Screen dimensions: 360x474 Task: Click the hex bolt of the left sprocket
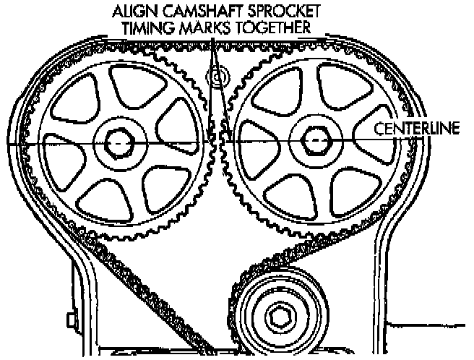point(116,142)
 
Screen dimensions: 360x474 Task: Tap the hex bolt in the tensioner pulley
point(279,315)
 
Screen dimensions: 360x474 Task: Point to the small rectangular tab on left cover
point(70,319)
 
